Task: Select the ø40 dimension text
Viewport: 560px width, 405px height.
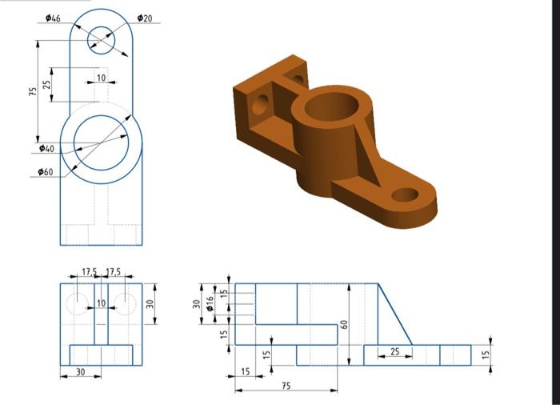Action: tap(47, 149)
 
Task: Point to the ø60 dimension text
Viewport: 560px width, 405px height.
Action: tap(46, 172)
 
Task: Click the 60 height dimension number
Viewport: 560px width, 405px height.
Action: tap(345, 324)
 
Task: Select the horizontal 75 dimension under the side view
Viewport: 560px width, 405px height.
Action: tap(286, 386)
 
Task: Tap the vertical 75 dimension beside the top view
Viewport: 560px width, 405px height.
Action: tap(33, 91)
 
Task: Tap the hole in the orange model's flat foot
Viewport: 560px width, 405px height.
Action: tap(406, 194)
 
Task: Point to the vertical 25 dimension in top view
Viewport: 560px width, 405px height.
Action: tap(47, 83)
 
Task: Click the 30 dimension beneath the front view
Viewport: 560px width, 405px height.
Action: tap(80, 372)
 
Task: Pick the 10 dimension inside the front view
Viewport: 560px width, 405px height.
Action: tap(101, 303)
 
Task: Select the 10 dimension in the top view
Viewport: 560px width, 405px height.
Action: tap(101, 78)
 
